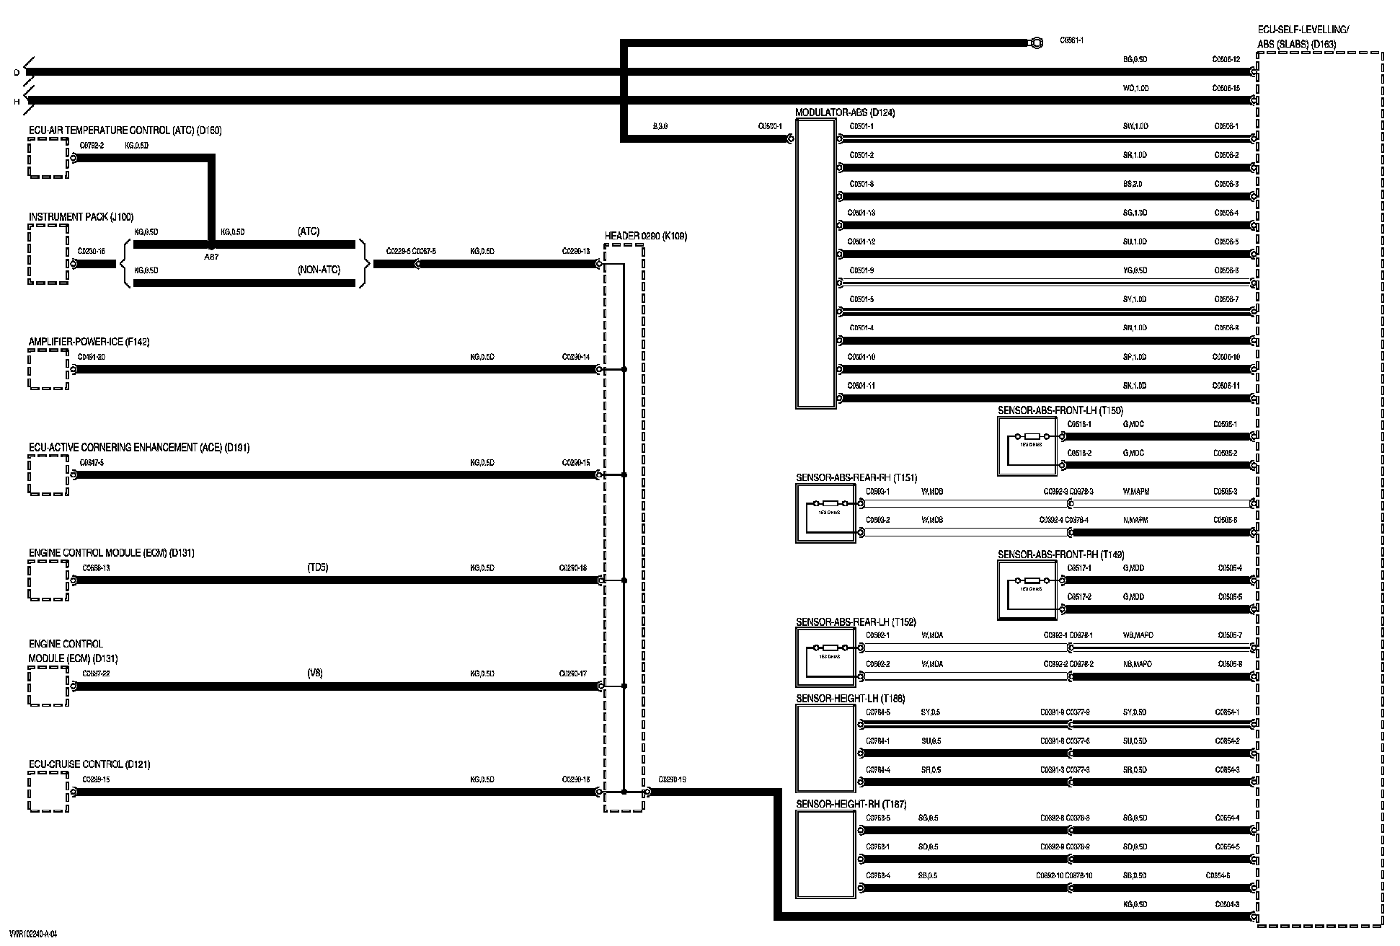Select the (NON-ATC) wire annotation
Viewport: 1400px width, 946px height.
pos(319,270)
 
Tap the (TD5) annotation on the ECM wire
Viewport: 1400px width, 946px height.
pos(317,567)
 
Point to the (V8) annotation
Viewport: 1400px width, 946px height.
pos(315,673)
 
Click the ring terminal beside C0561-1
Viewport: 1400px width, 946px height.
pos(1036,43)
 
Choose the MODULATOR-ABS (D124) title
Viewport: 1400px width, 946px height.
pos(845,113)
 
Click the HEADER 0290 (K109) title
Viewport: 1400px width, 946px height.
pos(645,236)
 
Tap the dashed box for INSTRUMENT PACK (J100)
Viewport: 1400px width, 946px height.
pos(48,254)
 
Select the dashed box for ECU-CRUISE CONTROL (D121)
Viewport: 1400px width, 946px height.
pos(48,792)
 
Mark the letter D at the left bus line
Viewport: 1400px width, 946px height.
pos(17,73)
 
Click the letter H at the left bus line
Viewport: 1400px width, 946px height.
pos(17,102)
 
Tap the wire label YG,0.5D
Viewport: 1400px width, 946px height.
pos(1135,270)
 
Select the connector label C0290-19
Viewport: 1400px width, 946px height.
pos(672,779)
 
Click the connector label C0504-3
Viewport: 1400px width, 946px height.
pos(1227,904)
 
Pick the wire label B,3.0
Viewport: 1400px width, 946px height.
pos(660,126)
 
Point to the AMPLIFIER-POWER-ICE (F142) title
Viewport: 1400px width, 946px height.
pos(89,342)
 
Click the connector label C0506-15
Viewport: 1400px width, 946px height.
pos(1226,88)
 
